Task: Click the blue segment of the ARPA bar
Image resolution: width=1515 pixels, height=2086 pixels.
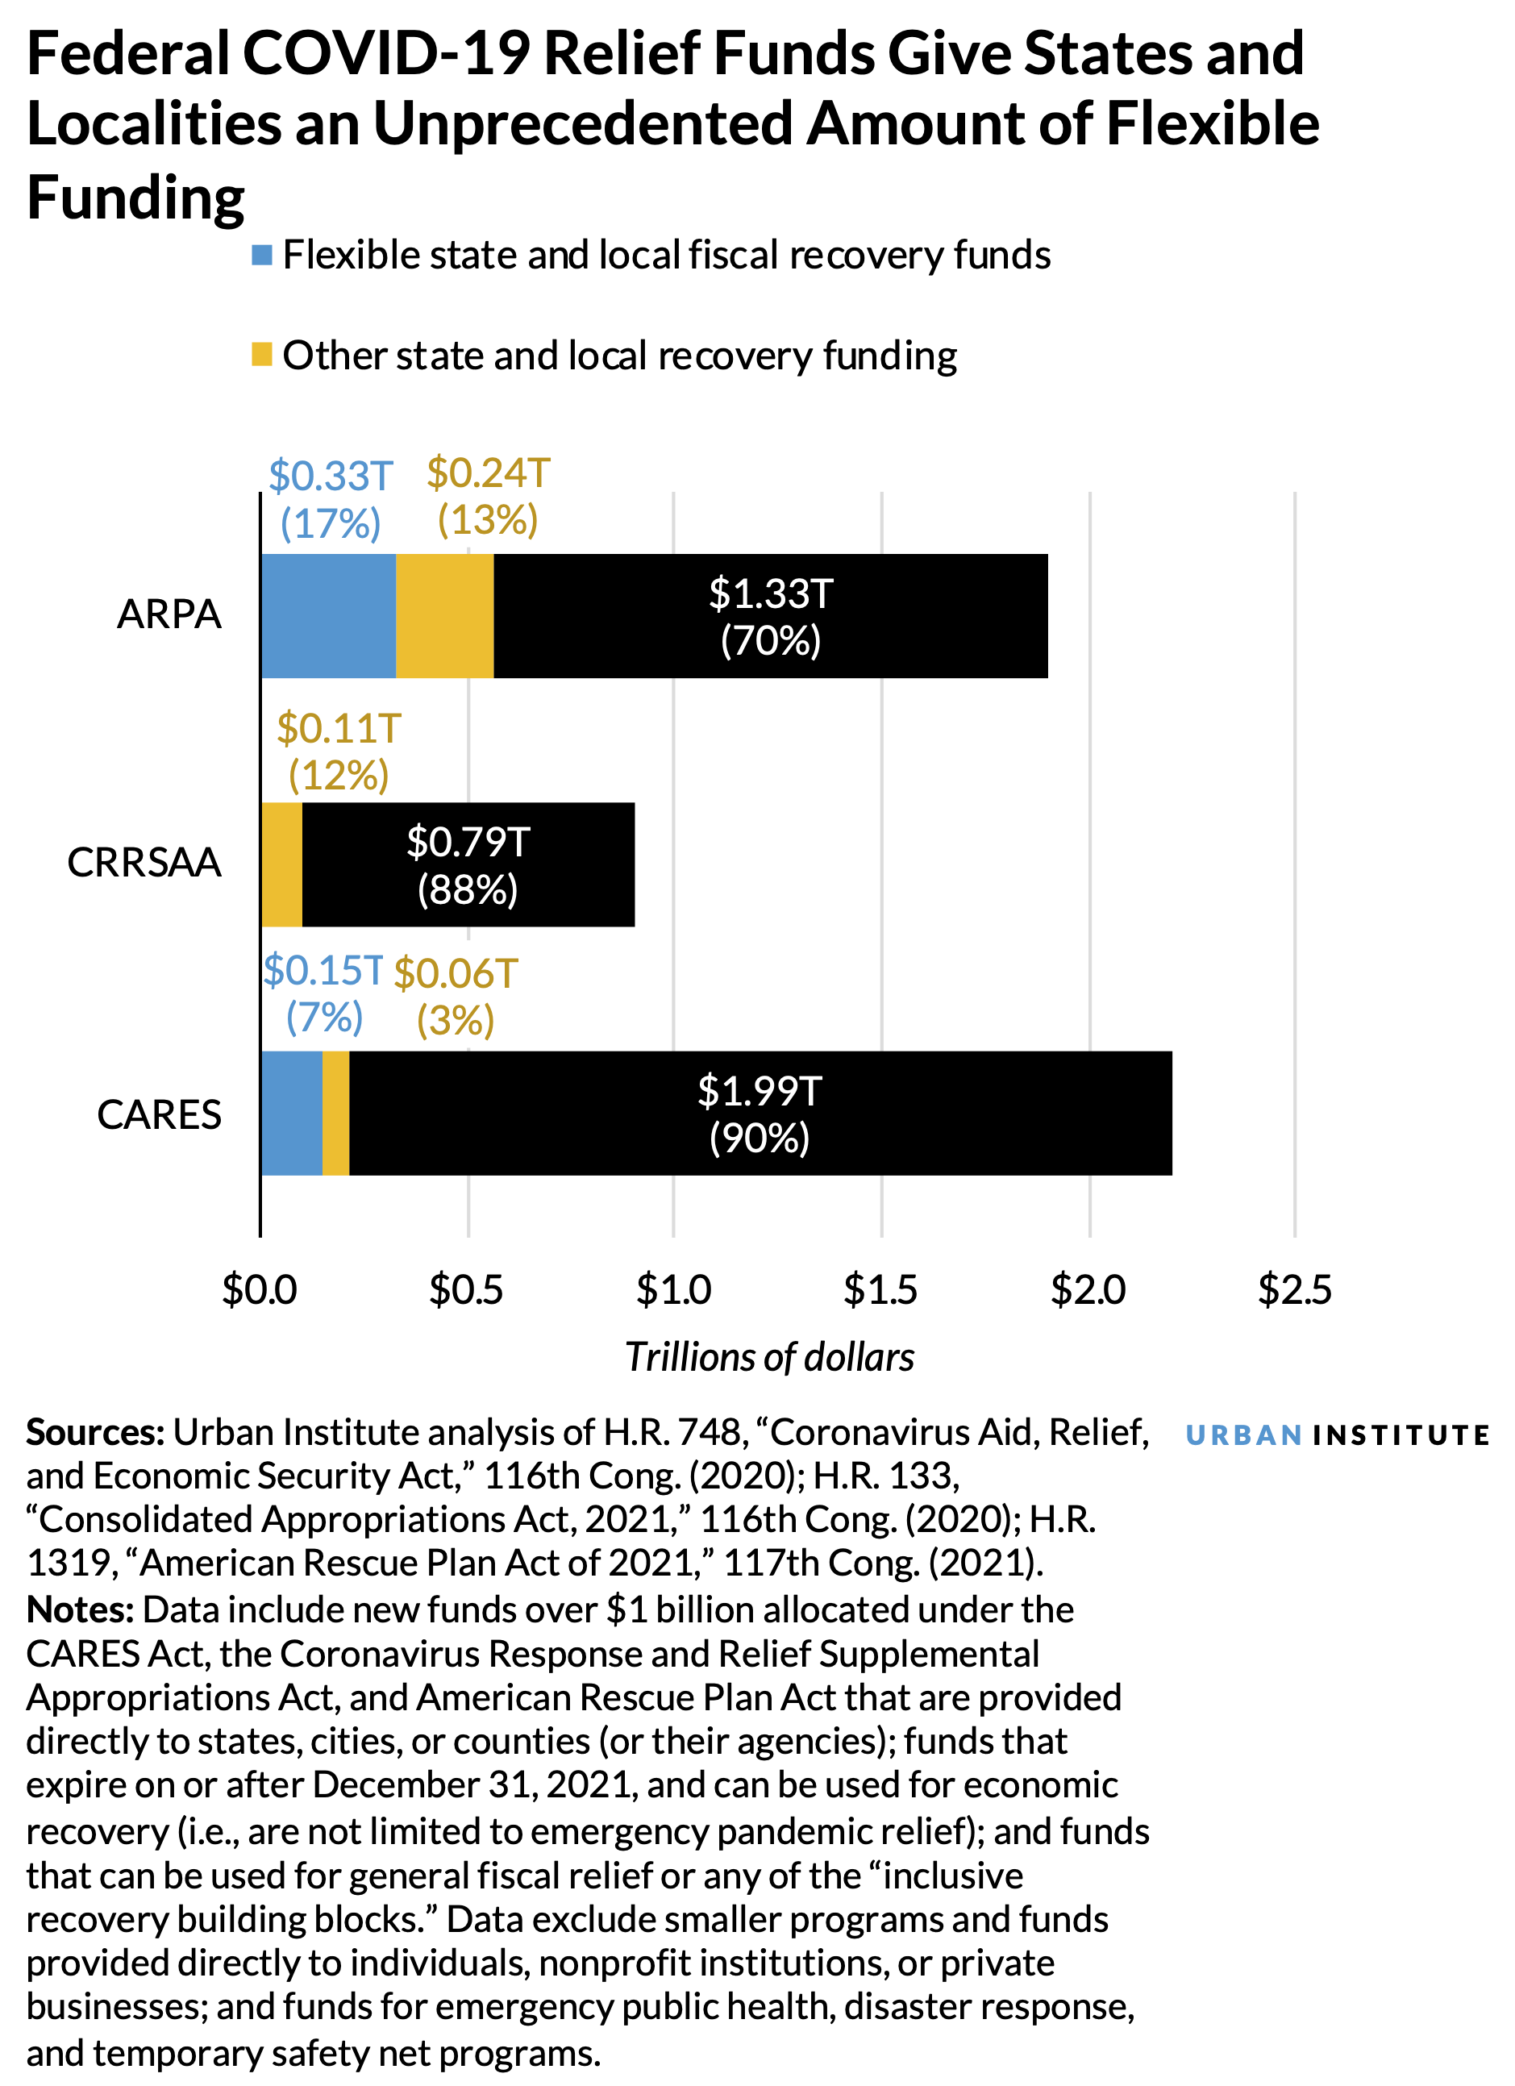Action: click(328, 616)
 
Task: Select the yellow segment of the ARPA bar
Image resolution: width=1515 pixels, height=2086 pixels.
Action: click(444, 616)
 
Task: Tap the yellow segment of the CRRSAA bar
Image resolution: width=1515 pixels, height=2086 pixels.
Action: click(281, 864)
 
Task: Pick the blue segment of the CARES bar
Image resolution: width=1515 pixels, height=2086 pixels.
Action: click(292, 1113)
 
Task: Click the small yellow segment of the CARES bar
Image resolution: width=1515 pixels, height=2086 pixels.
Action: click(335, 1113)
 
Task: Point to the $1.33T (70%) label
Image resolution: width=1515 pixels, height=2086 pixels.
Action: click(771, 616)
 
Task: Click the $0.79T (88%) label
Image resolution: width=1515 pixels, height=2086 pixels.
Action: click(468, 865)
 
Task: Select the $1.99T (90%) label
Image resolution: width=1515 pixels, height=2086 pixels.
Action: click(760, 1114)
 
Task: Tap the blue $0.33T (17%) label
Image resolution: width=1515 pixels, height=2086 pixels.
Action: click(331, 499)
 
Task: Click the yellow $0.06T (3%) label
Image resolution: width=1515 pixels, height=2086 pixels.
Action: click(456, 997)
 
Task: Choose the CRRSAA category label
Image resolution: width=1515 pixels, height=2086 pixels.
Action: click(144, 863)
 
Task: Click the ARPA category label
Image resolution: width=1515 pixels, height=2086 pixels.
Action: click(169, 614)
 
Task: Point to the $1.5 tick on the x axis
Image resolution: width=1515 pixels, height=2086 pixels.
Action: click(880, 1290)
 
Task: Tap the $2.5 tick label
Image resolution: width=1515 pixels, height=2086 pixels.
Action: click(1294, 1290)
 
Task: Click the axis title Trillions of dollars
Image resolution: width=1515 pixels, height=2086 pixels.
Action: click(770, 1358)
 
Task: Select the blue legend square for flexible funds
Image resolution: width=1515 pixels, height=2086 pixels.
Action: click(262, 256)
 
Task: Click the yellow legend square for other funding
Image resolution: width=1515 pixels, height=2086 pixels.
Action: click(262, 355)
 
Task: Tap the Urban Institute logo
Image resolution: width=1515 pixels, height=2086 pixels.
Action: click(1337, 1436)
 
